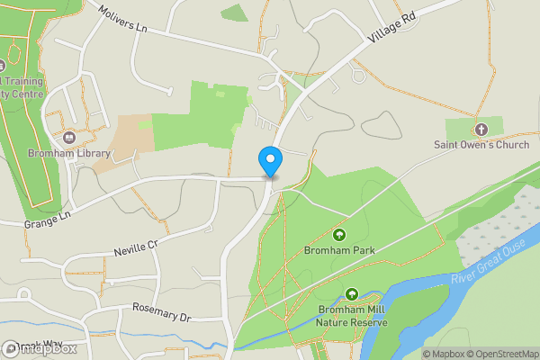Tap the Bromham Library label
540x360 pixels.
68,153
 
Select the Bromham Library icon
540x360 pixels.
69,138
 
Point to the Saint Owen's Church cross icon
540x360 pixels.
480,130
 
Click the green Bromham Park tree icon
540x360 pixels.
338,235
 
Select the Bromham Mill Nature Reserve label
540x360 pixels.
352,316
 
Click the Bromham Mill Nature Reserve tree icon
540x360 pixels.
352,294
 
